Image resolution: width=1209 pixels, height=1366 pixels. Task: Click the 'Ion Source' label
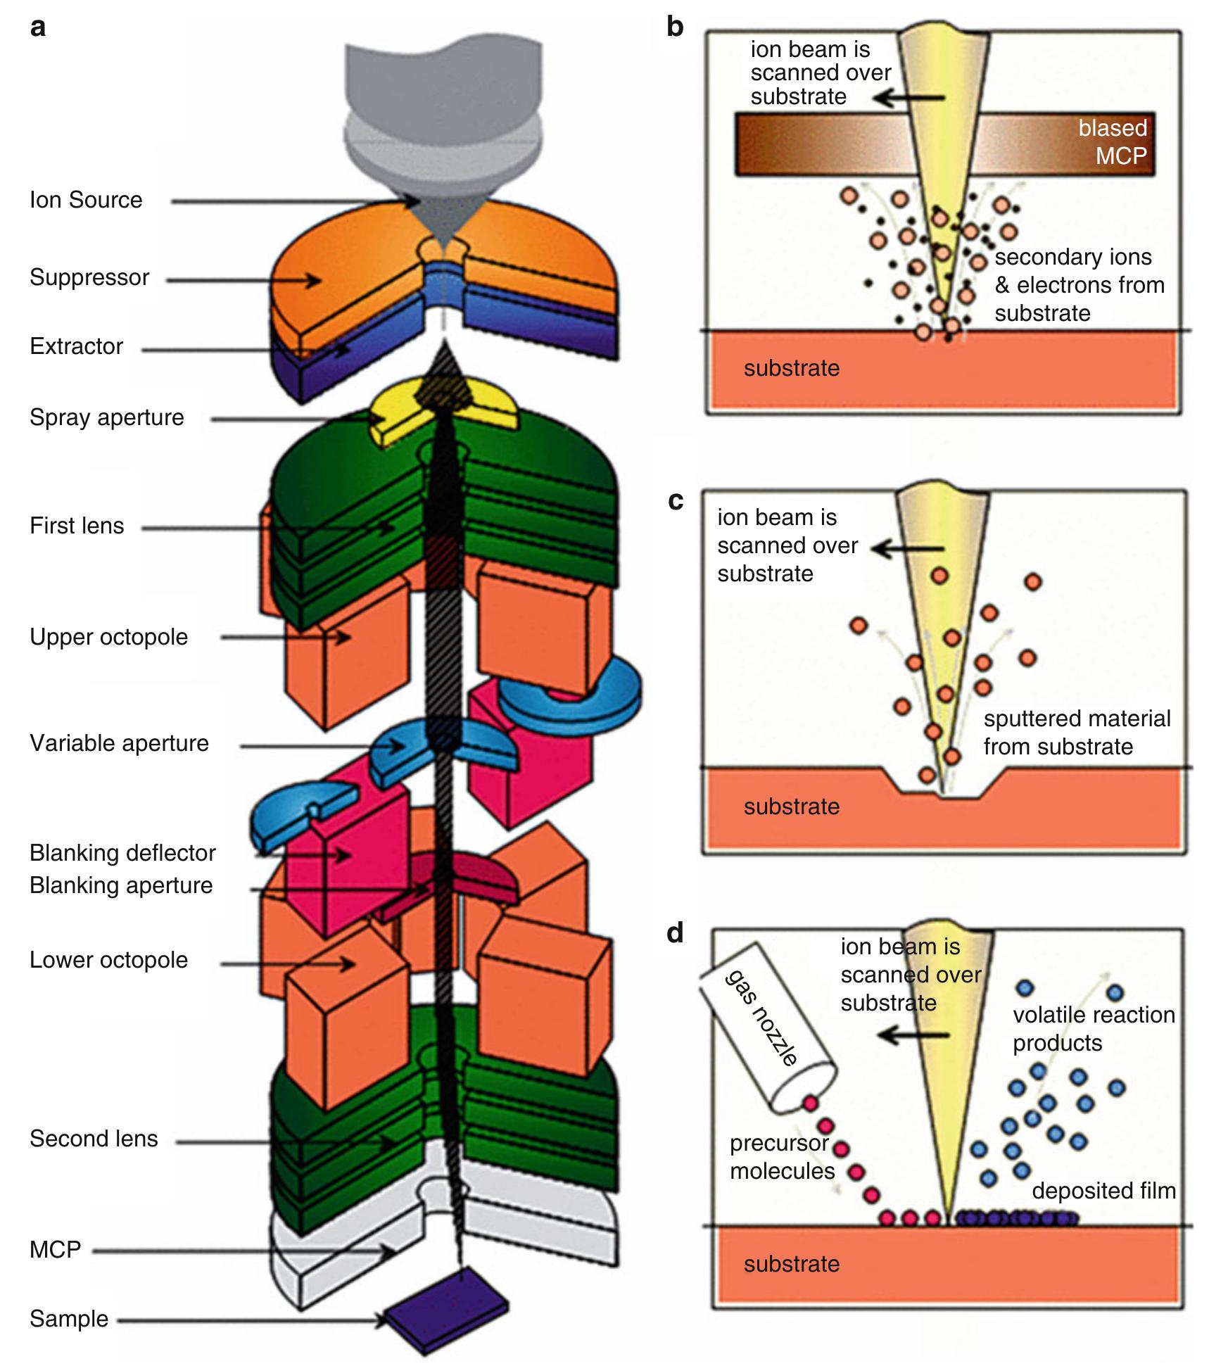[86, 200]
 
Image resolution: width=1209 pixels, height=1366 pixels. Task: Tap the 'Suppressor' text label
[89, 277]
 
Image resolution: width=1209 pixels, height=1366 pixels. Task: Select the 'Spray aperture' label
[107, 417]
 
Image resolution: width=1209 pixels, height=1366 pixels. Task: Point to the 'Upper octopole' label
[109, 637]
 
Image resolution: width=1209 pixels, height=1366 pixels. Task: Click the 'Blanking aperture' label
[121, 885]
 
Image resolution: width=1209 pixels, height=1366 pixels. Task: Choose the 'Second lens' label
[94, 1139]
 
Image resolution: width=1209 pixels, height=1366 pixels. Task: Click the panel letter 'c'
[675, 500]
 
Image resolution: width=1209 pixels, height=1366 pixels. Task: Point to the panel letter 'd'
[675, 932]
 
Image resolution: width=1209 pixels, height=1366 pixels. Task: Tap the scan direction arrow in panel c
[908, 548]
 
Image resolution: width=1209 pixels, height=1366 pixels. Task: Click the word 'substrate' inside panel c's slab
[792, 807]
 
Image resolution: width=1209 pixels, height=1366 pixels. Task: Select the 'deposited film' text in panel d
[1103, 1191]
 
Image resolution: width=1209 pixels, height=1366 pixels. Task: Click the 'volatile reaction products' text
[1094, 1029]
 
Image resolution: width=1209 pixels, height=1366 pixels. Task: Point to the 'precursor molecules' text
[781, 1157]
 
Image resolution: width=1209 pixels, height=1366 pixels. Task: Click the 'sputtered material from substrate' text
[1077, 733]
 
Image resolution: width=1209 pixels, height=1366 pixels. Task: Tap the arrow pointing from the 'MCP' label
[239, 1251]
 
